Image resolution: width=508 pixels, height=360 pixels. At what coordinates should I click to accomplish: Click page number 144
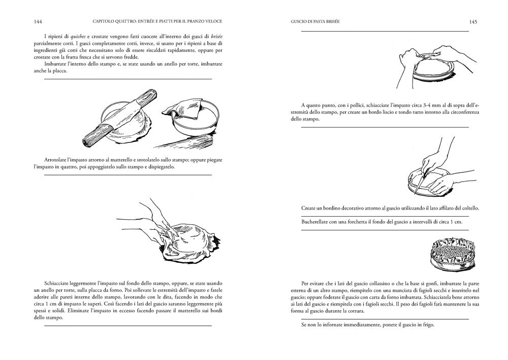[x=37, y=22]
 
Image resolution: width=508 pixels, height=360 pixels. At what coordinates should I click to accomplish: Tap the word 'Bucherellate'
[x=317, y=222]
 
